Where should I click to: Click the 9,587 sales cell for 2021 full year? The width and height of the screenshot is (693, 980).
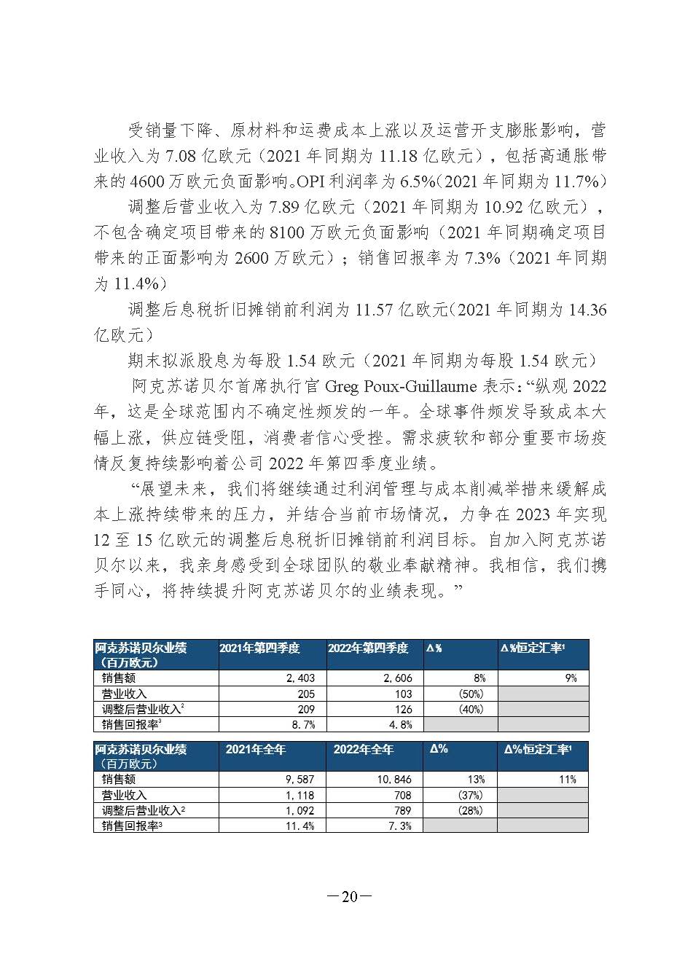coord(299,779)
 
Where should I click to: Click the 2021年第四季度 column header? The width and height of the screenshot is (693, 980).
coord(259,648)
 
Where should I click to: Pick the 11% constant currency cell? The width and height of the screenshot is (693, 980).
coord(568,779)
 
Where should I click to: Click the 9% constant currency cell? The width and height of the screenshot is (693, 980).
coord(571,678)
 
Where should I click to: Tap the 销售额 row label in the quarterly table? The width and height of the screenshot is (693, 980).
coord(119,678)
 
